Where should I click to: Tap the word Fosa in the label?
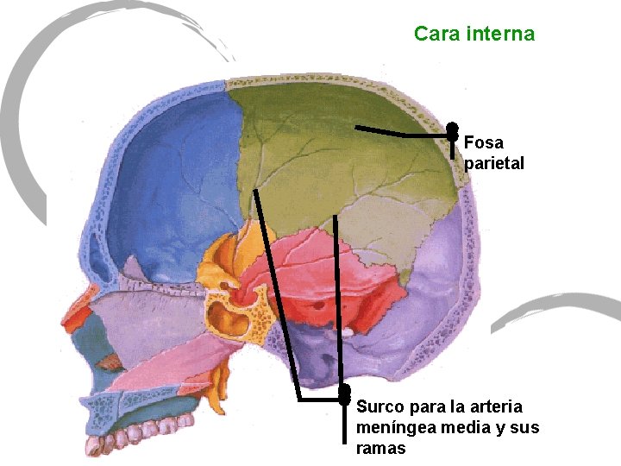point(483,142)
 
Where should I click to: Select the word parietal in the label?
point(493,163)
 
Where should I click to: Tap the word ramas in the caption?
point(380,449)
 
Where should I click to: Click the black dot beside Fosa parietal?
point(452,130)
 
